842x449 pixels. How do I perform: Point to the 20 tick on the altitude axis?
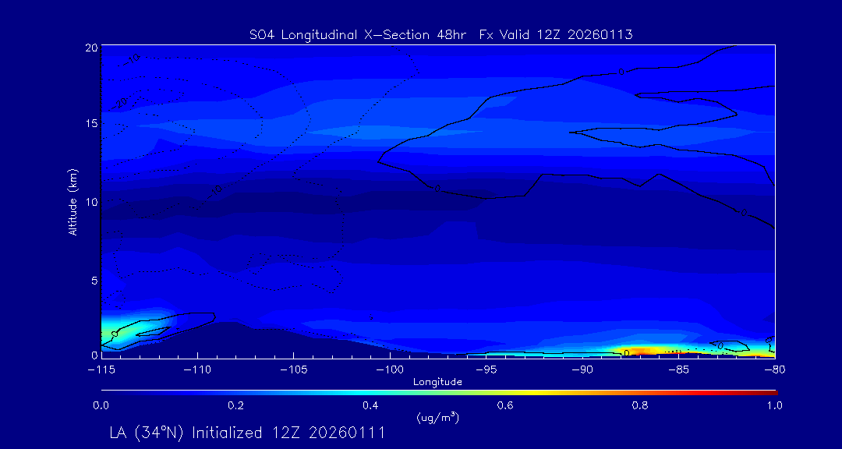(x=91, y=48)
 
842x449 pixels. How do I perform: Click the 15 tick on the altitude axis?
(x=91, y=123)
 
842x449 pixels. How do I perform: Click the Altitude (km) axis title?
(x=73, y=201)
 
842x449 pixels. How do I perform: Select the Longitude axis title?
(x=437, y=381)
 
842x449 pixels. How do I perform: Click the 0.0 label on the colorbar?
(x=101, y=405)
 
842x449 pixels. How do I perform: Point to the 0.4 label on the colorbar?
(x=370, y=405)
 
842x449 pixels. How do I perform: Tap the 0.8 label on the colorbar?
(x=641, y=405)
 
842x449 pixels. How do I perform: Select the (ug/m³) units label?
(x=437, y=418)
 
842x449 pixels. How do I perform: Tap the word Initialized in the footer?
(x=226, y=433)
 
